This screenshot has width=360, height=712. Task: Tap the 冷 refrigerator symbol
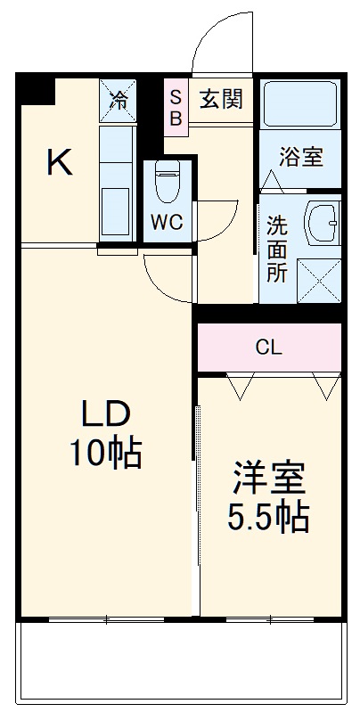point(118,99)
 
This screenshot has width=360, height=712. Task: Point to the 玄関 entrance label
point(219,99)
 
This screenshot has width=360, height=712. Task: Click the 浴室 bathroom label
point(300,158)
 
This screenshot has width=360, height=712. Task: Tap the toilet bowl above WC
point(167,183)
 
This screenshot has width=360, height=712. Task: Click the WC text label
point(167,223)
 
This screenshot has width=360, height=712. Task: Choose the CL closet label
point(268,348)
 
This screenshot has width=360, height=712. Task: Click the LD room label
point(107,414)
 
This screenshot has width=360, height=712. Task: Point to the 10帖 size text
point(107,454)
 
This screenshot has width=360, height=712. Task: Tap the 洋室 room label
point(269,479)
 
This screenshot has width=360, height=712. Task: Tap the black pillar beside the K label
point(36,91)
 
